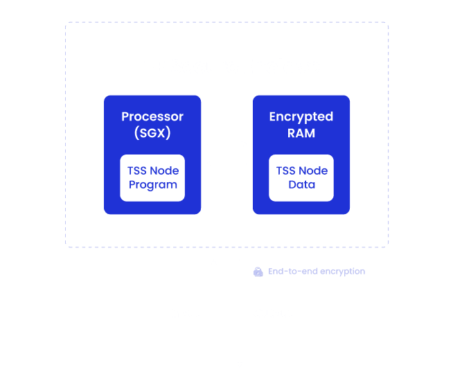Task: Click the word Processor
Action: [152, 116]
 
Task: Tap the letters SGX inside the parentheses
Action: [152, 133]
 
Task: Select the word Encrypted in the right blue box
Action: [301, 117]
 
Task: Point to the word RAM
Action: [301, 133]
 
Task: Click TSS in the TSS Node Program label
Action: [136, 170]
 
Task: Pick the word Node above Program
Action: [163, 170]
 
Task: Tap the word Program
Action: [153, 185]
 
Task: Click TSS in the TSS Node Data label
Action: [285, 170]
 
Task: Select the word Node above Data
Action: [312, 170]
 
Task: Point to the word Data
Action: [301, 184]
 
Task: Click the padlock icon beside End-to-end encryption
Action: [258, 272]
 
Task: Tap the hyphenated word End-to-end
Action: [293, 272]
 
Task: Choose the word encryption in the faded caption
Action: [342, 272]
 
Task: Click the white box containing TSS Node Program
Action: [152, 178]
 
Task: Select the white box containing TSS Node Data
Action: [301, 178]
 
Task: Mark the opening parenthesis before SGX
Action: [136, 133]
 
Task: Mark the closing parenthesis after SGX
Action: [168, 133]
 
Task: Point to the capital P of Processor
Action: [125, 116]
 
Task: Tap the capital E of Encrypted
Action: [273, 116]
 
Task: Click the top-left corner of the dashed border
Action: [66, 22]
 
